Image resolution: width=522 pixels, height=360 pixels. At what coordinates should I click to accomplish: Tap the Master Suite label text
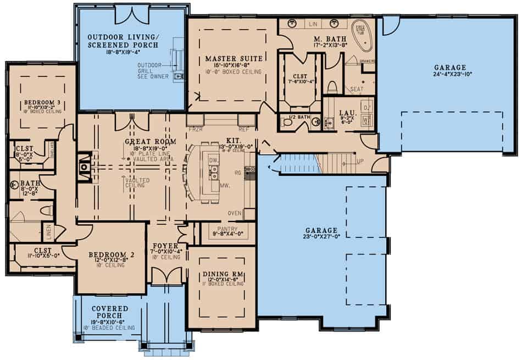pyautogui.click(x=227, y=58)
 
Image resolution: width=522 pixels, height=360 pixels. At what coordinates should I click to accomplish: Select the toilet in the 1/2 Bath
pyautogui.click(x=287, y=122)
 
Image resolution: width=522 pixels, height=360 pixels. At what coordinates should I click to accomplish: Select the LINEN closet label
pyautogui.click(x=48, y=231)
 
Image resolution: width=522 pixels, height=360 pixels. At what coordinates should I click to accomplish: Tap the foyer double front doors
pyautogui.click(x=166, y=276)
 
